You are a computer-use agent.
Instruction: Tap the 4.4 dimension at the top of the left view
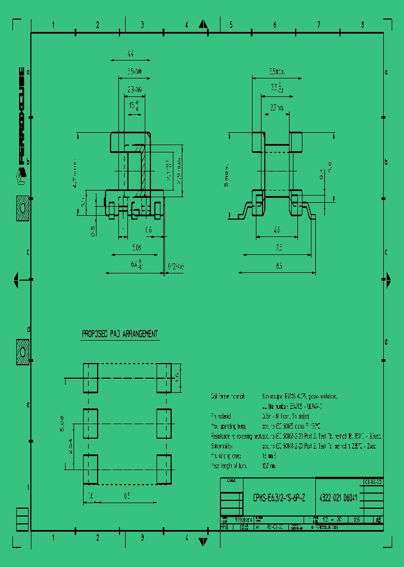click(x=130, y=54)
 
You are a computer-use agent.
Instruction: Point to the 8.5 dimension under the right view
click(x=279, y=267)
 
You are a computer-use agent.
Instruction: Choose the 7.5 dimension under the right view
click(x=279, y=247)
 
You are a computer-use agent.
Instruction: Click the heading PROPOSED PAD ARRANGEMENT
click(x=120, y=334)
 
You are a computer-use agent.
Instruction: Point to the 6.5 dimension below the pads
click(x=127, y=495)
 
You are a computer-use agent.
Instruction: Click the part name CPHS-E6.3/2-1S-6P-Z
click(x=279, y=498)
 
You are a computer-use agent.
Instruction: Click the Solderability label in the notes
click(x=225, y=446)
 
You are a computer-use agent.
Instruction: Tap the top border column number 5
click(x=230, y=25)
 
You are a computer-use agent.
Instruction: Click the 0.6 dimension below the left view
click(x=149, y=229)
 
